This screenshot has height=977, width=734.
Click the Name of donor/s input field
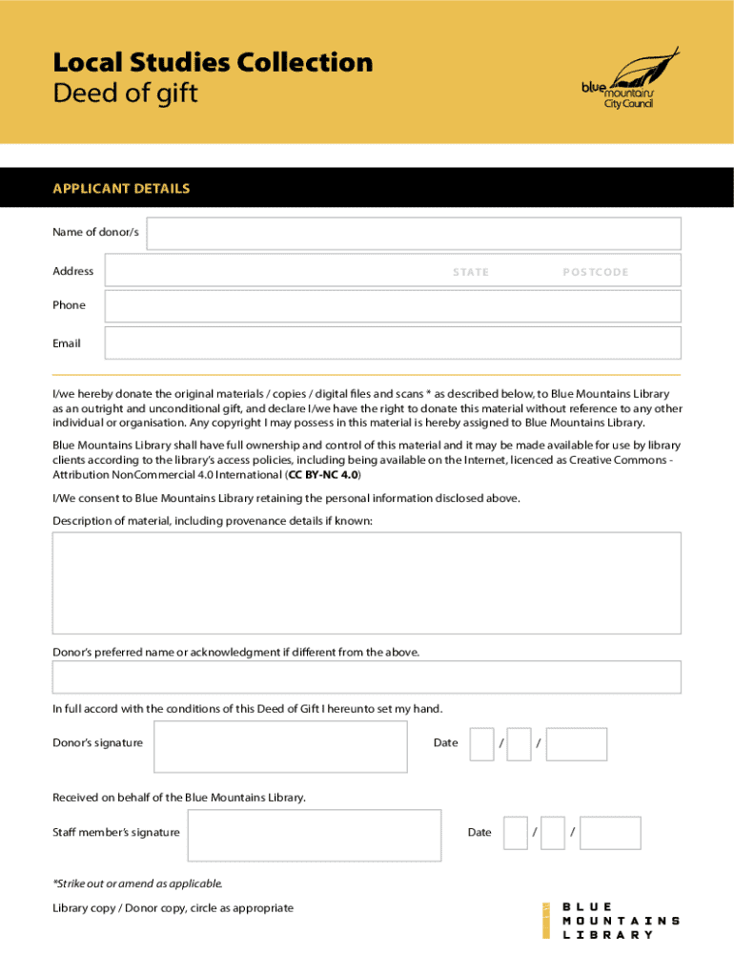(413, 234)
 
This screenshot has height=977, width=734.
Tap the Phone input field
(392, 306)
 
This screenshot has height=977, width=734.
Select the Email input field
(392, 343)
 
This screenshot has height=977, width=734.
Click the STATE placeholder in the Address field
(471, 272)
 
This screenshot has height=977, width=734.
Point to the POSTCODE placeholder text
(596, 272)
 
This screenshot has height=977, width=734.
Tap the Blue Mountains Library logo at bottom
(610, 921)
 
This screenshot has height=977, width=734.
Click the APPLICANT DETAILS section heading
(121, 189)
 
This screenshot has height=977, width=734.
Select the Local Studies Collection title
(213, 63)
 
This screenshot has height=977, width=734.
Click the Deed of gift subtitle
(125, 94)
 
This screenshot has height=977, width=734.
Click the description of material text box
(367, 583)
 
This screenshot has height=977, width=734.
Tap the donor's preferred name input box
(367, 677)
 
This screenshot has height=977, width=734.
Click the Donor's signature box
(280, 746)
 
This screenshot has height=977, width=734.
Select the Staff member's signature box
(315, 835)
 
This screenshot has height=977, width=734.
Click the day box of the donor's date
(481, 744)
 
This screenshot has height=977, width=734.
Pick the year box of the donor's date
(577, 744)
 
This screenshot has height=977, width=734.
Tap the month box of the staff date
(553, 833)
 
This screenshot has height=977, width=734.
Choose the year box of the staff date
(611, 833)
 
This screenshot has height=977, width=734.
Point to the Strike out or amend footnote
(137, 883)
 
